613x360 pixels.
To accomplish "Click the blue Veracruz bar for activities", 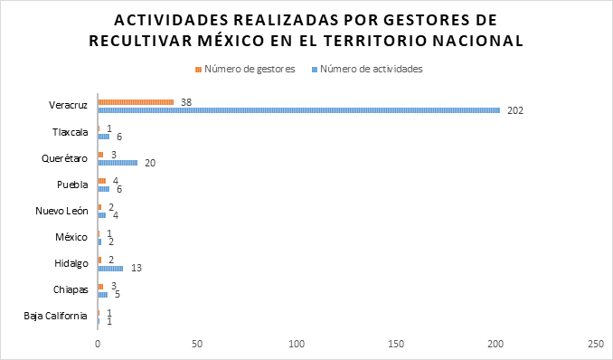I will coord(298,110).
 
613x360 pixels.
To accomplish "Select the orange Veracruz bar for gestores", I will coord(136,102).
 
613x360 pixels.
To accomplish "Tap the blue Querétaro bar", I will coord(118,163).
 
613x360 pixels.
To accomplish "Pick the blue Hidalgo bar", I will coord(110,268).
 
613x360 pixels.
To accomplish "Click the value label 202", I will coord(515,110).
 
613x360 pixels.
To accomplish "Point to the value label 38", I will coord(186,101).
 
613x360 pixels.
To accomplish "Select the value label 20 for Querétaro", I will coord(150,163).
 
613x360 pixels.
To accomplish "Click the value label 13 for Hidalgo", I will coord(137,268).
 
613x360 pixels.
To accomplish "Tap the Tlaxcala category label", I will coord(71,132).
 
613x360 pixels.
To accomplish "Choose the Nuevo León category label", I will coord(63,211).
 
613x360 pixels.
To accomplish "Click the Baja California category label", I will coord(55,316).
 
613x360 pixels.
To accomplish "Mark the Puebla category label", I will coord(72,185).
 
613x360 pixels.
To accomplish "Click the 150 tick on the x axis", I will coord(396,344).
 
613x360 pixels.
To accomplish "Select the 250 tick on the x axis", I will coord(595,344).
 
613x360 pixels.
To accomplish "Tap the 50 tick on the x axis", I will coord(197,344).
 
